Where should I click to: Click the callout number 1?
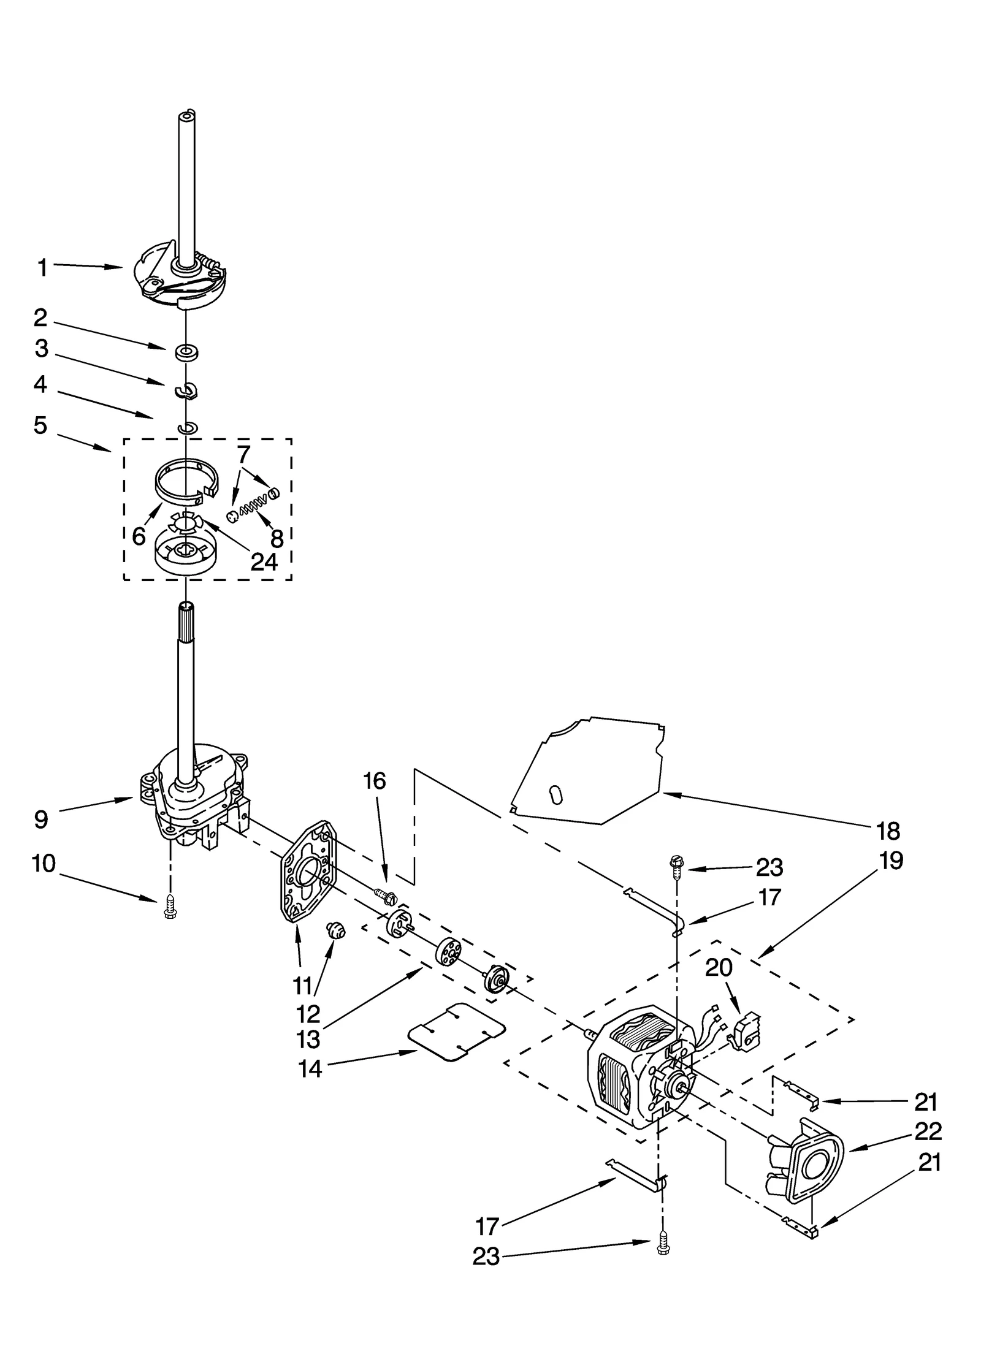(42, 268)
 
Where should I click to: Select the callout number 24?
(264, 561)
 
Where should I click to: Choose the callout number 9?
(40, 820)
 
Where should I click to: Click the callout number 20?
(719, 967)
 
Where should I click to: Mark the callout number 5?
(40, 425)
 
